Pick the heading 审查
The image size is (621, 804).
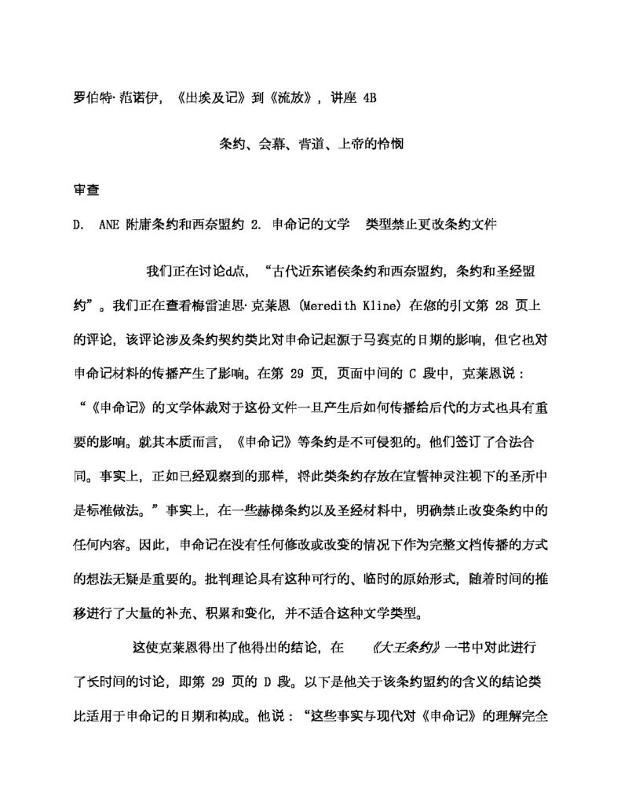point(86,189)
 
